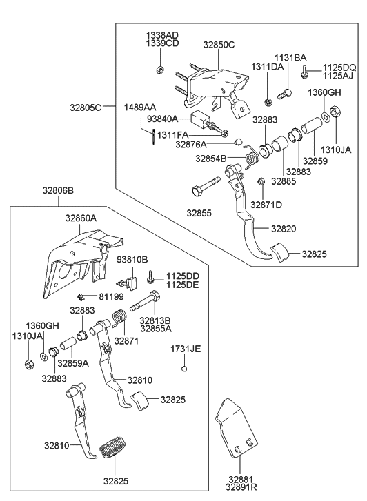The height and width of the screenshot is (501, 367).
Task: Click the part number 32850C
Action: point(219,45)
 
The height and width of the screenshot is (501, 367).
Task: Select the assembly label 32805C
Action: point(86,107)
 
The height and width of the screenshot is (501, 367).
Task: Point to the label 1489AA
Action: point(140,108)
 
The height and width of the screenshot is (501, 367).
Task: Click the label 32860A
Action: point(81,217)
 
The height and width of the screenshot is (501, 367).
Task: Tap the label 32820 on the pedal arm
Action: point(284,228)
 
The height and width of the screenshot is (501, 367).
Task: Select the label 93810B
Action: point(132,259)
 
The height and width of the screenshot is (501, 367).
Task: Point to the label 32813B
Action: point(155,320)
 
